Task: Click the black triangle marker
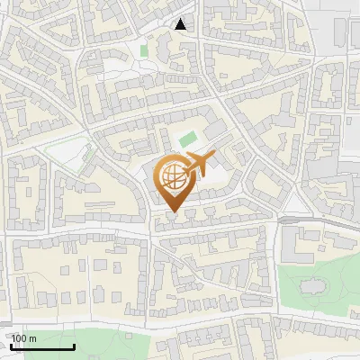click(182, 24)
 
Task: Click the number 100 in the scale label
click(19, 338)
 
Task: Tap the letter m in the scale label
click(32, 338)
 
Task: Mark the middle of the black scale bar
click(42, 347)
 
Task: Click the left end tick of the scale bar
click(11, 346)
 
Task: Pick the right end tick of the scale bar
click(74, 346)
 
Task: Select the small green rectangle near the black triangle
click(144, 50)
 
